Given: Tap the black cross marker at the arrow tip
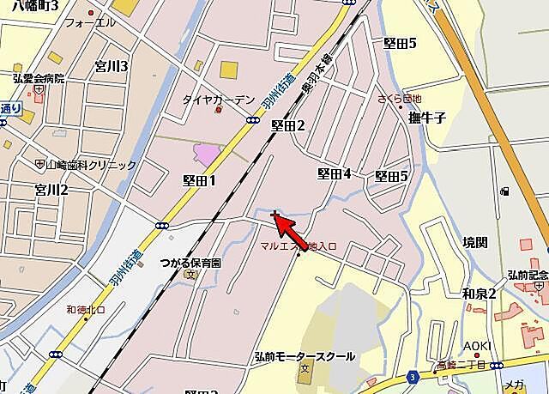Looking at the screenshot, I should point(274,214).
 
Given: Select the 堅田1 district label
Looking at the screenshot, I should point(199,180).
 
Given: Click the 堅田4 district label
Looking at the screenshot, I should point(334,173).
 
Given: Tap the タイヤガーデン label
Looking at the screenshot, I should point(218,100).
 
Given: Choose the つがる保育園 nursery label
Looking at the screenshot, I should point(190,263).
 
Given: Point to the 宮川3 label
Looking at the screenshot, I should point(112,66).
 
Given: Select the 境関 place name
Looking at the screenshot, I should point(474,243).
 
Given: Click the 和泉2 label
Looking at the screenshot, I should point(479,294).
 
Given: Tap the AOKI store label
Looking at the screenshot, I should point(478,345).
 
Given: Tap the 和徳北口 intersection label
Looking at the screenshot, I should point(86,310).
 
